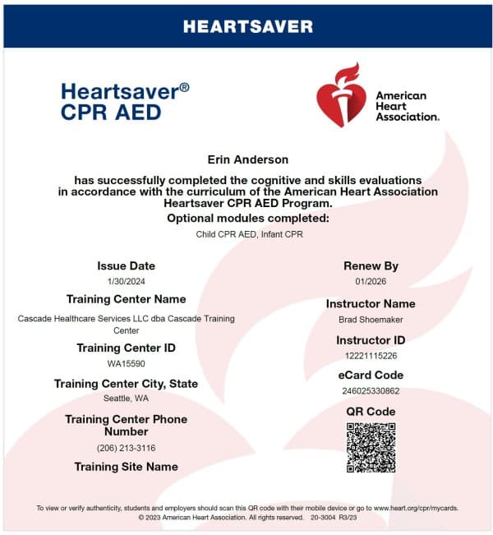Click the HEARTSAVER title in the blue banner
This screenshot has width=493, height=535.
point(247,26)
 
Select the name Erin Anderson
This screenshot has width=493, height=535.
point(247,159)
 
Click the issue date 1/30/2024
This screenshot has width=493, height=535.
point(126,281)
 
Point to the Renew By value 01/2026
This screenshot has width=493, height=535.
point(371,282)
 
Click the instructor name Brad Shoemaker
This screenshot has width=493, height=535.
point(371,319)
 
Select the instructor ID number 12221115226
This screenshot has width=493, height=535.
point(371,355)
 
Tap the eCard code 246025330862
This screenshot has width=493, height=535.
point(371,390)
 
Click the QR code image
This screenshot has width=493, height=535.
point(371,448)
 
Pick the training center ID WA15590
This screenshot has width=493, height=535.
point(126,362)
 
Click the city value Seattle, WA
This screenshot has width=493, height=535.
point(126,399)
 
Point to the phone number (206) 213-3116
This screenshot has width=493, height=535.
point(126,448)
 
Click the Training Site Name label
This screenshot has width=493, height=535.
point(126,467)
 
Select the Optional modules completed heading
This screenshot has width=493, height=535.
point(247,218)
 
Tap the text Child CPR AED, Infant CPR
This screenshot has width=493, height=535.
point(247,234)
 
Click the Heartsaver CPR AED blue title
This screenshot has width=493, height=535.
point(124,101)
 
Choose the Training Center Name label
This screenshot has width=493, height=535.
point(126,299)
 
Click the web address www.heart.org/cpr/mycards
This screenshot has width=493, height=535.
point(416,508)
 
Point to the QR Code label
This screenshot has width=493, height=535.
point(371,412)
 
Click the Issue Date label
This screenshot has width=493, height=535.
point(126,265)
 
